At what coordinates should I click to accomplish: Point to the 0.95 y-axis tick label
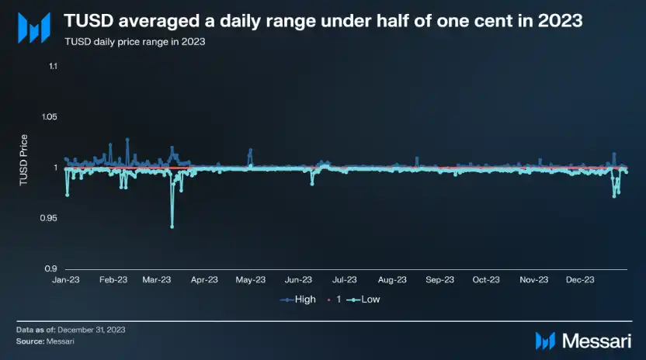pyautogui.click(x=47, y=218)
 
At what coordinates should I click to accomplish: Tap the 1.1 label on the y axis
pyautogui.click(x=53, y=67)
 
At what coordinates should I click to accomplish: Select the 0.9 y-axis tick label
pyautogui.click(x=50, y=268)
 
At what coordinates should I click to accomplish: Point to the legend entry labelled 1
pyautogui.click(x=335, y=299)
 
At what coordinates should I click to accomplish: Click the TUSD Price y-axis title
pyautogui.click(x=24, y=161)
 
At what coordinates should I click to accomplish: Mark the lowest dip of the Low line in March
pyautogui.click(x=172, y=227)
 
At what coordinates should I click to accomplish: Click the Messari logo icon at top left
pyautogui.click(x=34, y=27)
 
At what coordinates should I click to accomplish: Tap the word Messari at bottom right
pyautogui.click(x=597, y=340)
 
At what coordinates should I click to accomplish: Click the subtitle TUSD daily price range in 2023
pyautogui.click(x=134, y=41)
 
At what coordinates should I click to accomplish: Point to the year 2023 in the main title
pyautogui.click(x=558, y=21)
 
